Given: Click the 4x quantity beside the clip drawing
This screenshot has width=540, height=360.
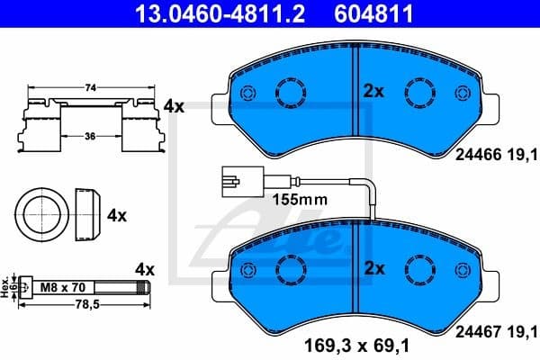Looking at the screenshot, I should [x=173, y=106].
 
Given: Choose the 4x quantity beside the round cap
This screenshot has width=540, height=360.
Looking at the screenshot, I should [x=117, y=216].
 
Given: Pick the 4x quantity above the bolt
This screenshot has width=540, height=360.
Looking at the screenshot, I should [x=145, y=269].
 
